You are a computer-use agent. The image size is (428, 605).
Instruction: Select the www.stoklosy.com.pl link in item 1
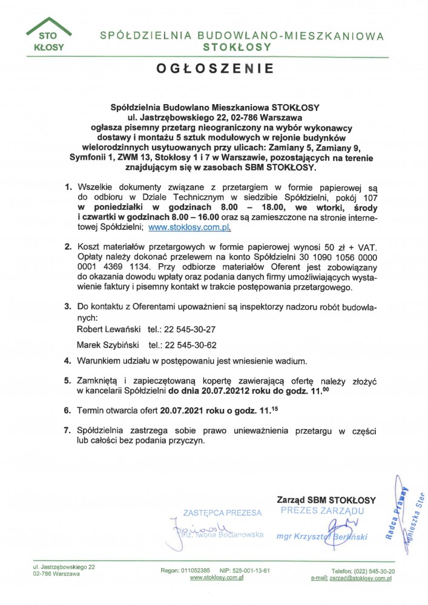(x=189, y=228)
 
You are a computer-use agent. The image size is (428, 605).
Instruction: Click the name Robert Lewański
(x=108, y=330)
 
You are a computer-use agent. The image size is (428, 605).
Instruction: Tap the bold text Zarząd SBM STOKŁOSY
(x=326, y=500)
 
